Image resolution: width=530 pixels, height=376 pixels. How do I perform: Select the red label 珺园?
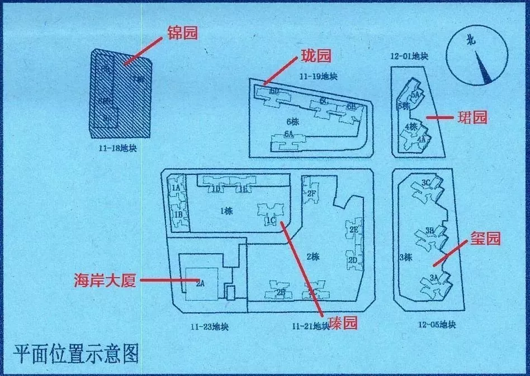click(x=472, y=117)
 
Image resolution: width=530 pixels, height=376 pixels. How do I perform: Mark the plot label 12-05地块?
click(x=437, y=325)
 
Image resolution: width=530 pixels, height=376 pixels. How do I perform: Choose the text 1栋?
click(x=226, y=211)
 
